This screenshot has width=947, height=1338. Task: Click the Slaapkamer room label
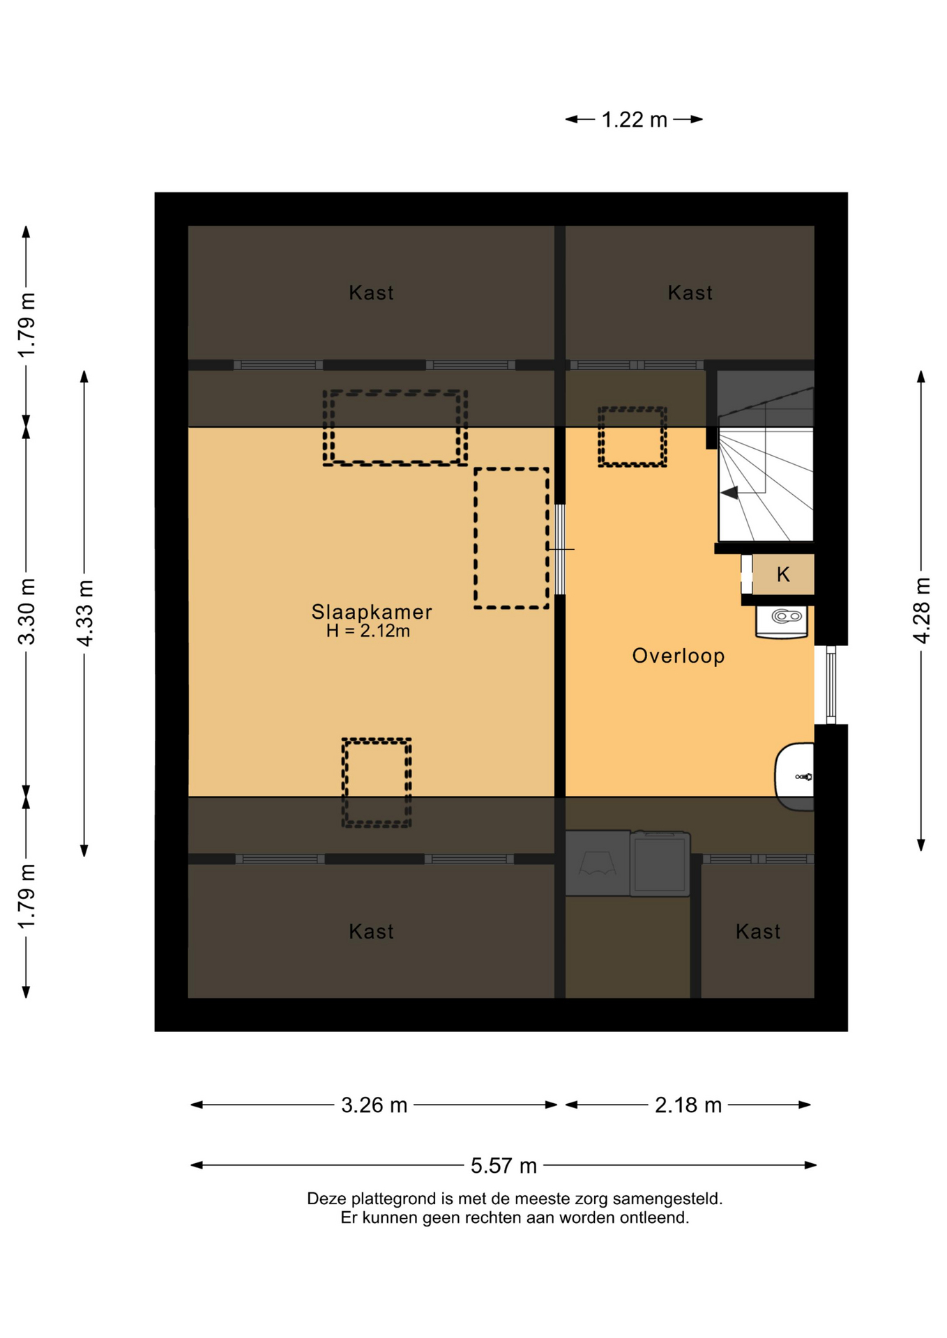point(371,612)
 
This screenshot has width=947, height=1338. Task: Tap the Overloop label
point(678,656)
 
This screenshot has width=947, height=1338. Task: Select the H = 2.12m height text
point(368,631)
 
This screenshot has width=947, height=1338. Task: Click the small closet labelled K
point(783,575)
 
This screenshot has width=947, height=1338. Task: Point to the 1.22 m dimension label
point(634,120)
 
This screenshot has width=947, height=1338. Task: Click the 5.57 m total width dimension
point(503,1165)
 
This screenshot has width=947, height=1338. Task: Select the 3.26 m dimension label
point(374,1105)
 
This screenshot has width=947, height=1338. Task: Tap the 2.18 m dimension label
point(688,1105)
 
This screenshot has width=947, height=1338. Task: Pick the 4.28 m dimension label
point(921,610)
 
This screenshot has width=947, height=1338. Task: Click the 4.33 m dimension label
point(84,613)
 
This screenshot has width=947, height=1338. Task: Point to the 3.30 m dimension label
point(26,612)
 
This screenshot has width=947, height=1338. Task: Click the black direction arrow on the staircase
point(729,493)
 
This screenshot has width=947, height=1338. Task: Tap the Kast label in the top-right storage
point(690,293)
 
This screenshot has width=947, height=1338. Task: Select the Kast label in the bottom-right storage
point(757,932)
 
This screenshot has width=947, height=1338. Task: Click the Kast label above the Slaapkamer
point(371,293)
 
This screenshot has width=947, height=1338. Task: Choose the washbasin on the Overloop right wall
point(795,776)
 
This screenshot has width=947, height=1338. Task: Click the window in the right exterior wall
point(831,685)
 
